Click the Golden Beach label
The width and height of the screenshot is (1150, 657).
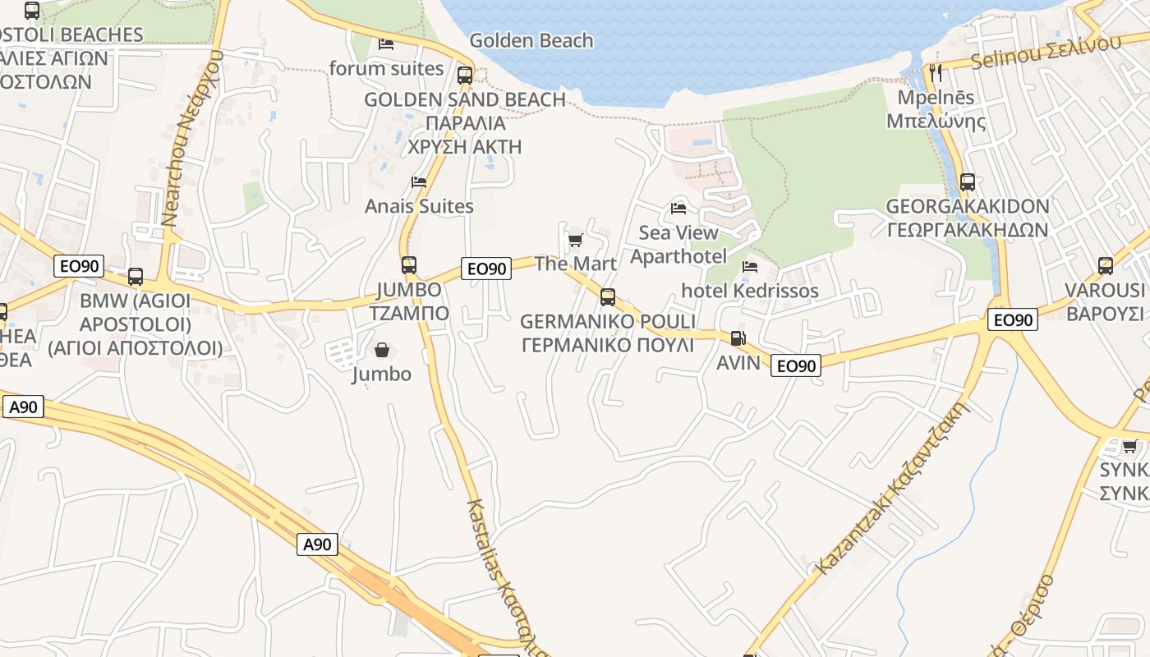click(x=531, y=40)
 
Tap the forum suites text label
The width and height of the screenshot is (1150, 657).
click(x=386, y=68)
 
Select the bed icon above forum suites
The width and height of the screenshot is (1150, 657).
click(x=386, y=44)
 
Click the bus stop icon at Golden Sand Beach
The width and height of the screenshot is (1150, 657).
click(x=465, y=76)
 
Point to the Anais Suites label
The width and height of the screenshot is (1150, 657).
click(x=419, y=206)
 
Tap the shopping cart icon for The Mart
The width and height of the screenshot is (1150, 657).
click(x=575, y=240)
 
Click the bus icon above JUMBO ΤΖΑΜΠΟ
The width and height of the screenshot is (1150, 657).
click(x=408, y=264)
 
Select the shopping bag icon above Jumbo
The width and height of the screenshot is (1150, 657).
click(x=382, y=351)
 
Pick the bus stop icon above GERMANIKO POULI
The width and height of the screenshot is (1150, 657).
click(x=607, y=297)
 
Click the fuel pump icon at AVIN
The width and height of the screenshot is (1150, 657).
click(x=738, y=338)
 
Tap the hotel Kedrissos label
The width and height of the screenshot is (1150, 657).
click(x=750, y=291)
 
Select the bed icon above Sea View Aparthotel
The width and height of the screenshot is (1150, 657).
click(x=678, y=208)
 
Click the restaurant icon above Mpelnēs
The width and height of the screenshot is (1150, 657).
click(x=936, y=73)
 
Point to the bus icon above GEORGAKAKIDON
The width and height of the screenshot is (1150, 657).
click(x=968, y=181)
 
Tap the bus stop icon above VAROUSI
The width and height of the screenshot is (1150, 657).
click(x=1106, y=265)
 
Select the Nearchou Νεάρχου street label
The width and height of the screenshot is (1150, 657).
click(x=191, y=138)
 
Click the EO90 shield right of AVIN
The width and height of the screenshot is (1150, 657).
click(x=796, y=365)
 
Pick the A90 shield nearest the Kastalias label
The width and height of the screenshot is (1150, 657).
click(x=317, y=544)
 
